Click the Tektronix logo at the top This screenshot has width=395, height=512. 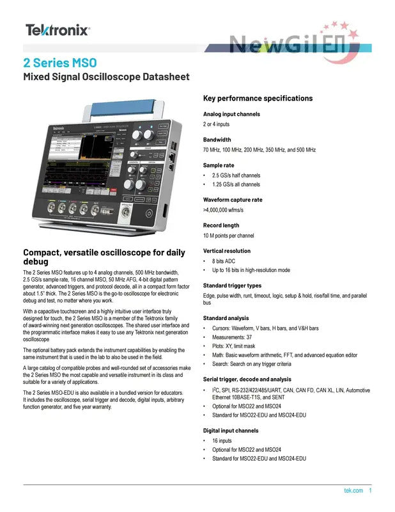pos(58,29)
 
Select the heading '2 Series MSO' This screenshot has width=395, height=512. pos(60,63)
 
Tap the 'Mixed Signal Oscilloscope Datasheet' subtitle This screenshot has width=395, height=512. pos(106,77)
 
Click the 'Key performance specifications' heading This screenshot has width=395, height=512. pos(258,98)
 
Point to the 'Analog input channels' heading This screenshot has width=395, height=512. pos(231,114)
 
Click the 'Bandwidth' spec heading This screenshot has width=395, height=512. pos(217,140)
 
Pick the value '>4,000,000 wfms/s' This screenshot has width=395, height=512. pos(223,209)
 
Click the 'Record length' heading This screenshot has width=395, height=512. pos(221,225)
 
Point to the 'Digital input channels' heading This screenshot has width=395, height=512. pos(231,431)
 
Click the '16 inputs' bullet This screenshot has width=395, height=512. pos(222,441)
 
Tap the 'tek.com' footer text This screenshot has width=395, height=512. pos(353,491)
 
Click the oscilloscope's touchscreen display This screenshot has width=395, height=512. pos(80,163)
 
